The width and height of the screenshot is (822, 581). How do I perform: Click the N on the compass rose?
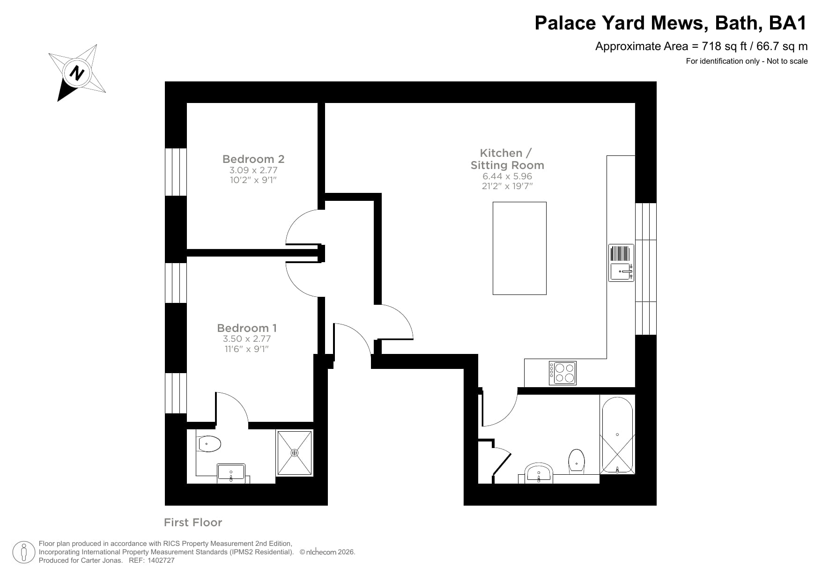[x=76, y=73]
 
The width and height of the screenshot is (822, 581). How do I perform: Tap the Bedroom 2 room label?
[x=253, y=159]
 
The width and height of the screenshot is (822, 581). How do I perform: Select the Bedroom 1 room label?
[x=247, y=328]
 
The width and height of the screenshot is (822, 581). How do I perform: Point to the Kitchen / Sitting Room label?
[x=507, y=159]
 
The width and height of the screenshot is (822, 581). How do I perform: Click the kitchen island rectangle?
[x=519, y=248]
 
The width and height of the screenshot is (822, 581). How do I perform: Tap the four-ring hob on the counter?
[x=563, y=373]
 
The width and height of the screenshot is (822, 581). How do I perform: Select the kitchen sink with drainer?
[x=621, y=263]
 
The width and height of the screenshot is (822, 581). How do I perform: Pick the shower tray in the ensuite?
[x=295, y=453]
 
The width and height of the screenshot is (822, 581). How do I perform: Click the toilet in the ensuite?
[x=209, y=444]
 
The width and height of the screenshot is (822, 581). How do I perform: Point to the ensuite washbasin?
[x=231, y=472]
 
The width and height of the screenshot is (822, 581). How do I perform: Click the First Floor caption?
[x=193, y=522]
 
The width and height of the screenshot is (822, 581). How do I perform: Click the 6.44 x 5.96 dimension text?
[x=507, y=177]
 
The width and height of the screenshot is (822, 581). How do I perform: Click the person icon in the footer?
[x=23, y=552]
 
